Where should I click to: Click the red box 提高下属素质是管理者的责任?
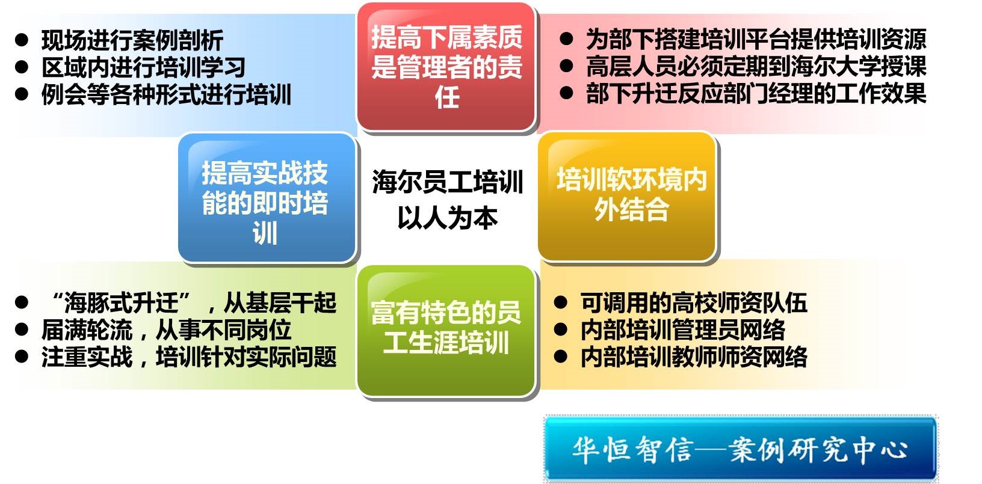pos(446,67)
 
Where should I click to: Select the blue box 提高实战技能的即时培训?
pos(267,198)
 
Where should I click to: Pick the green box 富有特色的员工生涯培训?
pos(446,331)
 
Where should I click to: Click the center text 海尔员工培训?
pos(448,182)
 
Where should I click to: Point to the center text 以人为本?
pos(448,218)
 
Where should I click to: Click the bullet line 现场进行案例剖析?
pos(132,40)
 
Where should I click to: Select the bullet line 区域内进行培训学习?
pos(143,67)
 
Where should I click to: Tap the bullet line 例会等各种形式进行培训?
pos(166,94)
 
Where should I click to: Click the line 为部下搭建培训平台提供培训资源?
pos(756,39)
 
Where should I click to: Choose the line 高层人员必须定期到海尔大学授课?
pos(756,66)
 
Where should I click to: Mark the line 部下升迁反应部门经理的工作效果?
pos(756,93)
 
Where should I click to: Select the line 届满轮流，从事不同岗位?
pos(166,330)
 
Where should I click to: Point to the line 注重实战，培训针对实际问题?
pos(189,357)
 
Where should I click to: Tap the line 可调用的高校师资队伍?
pos(694,302)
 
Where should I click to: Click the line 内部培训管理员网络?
pos(682,330)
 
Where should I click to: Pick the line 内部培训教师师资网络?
pos(694,357)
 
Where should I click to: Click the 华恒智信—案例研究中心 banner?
pos(741,448)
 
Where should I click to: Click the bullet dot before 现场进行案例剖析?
pos(22,40)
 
